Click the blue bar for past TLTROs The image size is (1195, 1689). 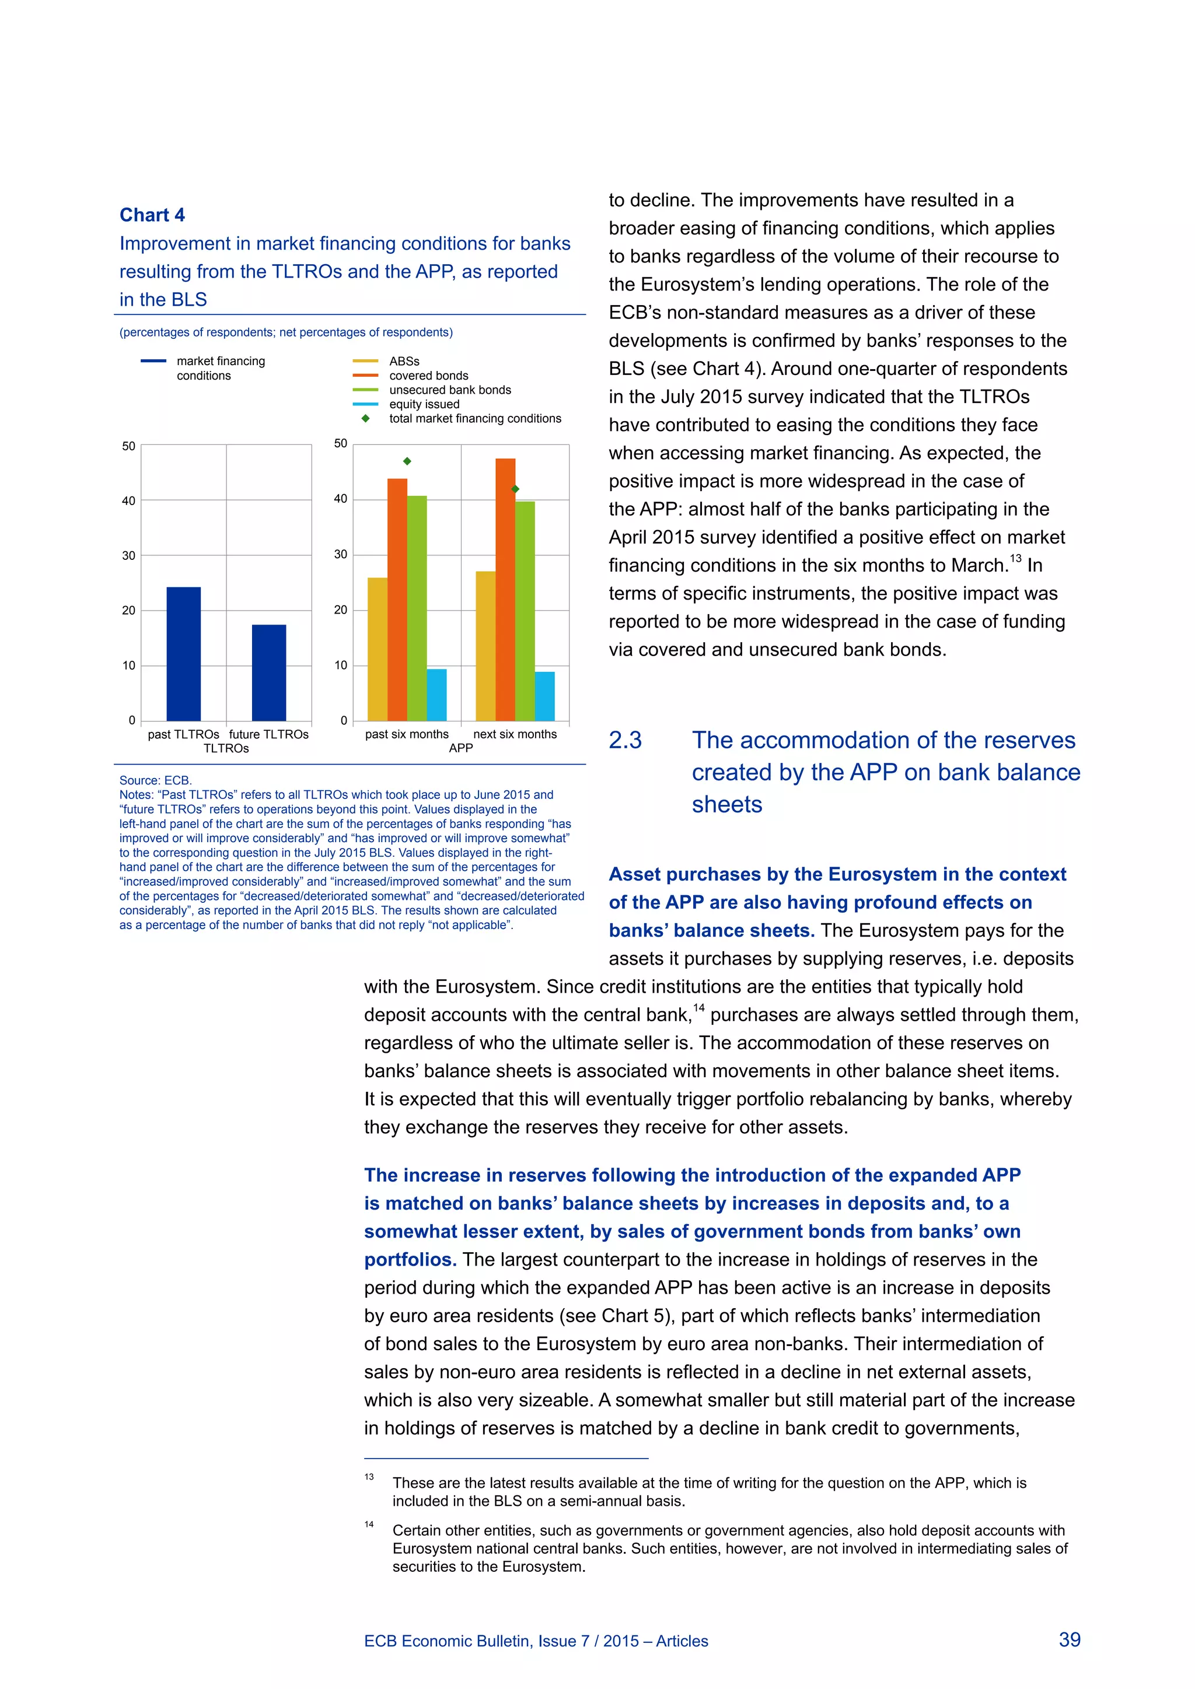coord(183,653)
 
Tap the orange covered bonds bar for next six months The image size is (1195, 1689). coord(505,588)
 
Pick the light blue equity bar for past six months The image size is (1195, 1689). coord(436,695)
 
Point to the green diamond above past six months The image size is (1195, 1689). coord(407,461)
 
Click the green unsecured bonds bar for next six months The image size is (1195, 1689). coord(525,611)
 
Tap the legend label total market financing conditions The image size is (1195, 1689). coord(474,419)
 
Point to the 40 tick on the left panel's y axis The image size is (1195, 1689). coord(129,501)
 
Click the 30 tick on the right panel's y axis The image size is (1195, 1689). coord(340,555)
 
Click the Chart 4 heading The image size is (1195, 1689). coord(152,215)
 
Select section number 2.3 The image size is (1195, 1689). coord(625,740)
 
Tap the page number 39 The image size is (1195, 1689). coord(1069,1639)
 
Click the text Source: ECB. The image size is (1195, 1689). coord(155,780)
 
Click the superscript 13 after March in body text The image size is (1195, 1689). coord(1015,559)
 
